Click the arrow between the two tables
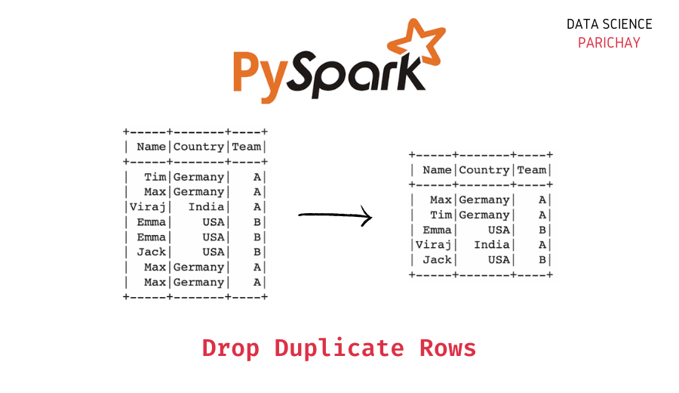(x=335, y=215)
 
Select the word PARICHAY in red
(x=609, y=43)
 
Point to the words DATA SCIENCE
(x=609, y=24)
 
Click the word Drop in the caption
(x=230, y=348)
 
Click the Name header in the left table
(x=151, y=147)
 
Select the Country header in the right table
(x=484, y=170)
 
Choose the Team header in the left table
(x=247, y=147)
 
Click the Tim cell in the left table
(x=155, y=177)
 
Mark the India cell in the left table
(x=206, y=207)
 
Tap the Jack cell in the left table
(x=151, y=252)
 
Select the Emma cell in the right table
(x=437, y=230)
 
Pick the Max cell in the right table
(x=441, y=200)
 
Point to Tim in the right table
(x=441, y=215)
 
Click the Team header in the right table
(x=532, y=170)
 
